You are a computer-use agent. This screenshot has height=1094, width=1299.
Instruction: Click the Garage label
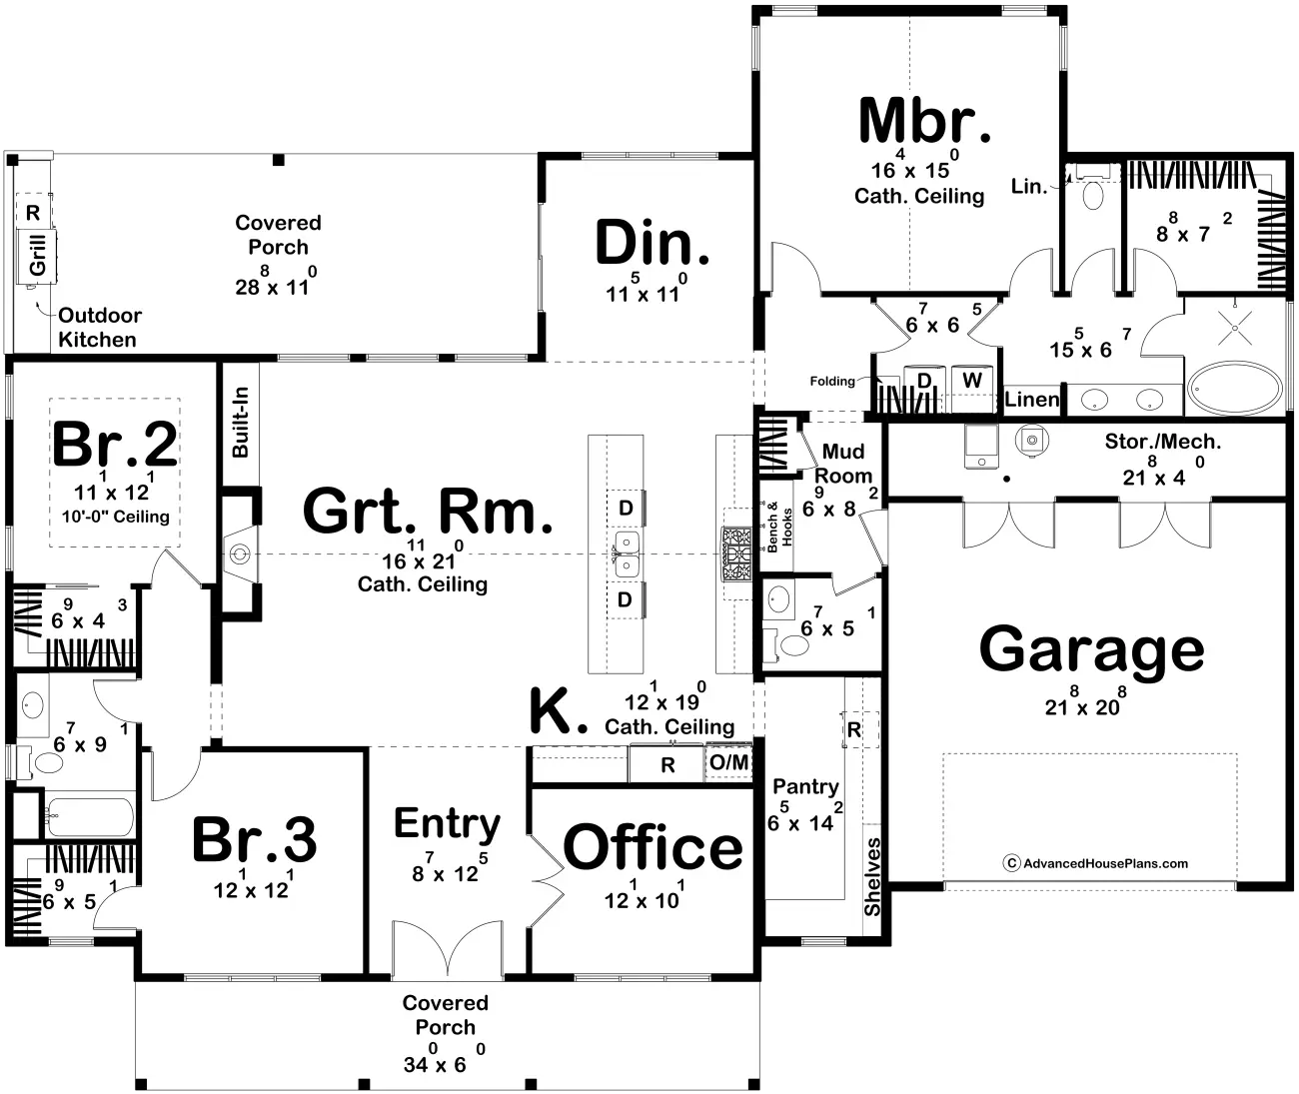(1091, 650)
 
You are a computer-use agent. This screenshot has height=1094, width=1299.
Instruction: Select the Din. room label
(652, 244)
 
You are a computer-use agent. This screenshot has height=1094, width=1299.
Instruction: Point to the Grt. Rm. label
(427, 512)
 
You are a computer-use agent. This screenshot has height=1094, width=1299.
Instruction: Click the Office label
(653, 848)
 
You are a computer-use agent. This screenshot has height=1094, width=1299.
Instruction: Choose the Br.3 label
(254, 840)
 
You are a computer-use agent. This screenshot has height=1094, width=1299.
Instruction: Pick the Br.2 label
(115, 445)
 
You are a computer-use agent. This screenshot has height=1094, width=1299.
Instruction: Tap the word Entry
(447, 824)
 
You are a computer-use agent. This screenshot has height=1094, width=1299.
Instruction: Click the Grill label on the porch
(39, 255)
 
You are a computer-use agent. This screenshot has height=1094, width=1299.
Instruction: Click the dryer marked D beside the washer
(924, 381)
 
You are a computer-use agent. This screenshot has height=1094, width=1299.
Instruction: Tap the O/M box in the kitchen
(729, 763)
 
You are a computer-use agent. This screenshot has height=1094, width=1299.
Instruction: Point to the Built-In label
(240, 423)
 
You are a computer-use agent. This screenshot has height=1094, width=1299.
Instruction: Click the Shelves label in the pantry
(872, 877)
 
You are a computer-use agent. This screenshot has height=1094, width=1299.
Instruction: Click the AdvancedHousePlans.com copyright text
(1096, 864)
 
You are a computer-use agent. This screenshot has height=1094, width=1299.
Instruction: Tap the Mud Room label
(843, 465)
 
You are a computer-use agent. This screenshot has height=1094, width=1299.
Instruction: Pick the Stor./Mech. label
(1162, 442)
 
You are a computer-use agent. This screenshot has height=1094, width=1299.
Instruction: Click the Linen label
(1031, 400)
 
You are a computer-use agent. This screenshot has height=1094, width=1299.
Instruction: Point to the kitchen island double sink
(627, 554)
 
